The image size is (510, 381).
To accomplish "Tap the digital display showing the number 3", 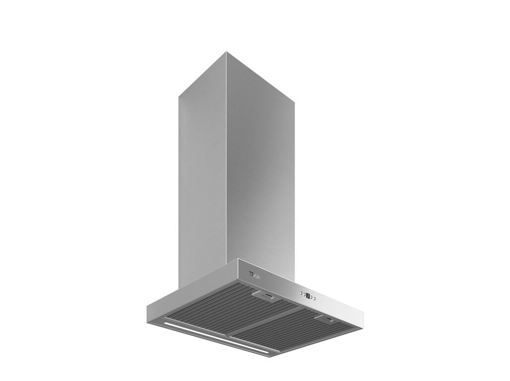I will coord(308,296).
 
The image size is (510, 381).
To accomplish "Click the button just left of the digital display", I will coord(304,295).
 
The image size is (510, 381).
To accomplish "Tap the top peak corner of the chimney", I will coord(226,52).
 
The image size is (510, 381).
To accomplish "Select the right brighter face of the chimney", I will coord(260,174).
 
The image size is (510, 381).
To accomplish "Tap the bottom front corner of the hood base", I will coord(270,355).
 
